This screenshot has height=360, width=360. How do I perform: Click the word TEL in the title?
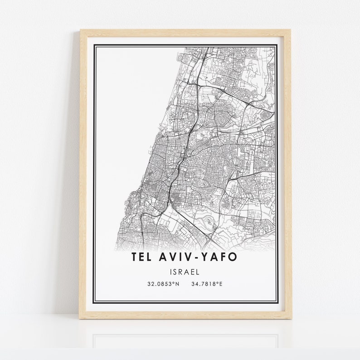142,257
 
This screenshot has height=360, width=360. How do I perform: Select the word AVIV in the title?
176,257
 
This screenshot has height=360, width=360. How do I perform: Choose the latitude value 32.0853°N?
163,284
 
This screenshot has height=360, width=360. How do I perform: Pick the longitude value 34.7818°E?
207,284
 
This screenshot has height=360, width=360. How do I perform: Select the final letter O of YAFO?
232,257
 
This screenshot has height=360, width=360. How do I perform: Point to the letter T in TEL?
135,257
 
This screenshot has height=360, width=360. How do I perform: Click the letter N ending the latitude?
177,284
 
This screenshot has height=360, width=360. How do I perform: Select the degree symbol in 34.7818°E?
218,283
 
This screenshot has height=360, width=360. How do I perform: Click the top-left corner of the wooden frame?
81,30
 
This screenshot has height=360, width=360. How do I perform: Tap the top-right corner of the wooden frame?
290,30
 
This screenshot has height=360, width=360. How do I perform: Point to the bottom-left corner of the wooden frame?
80,318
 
